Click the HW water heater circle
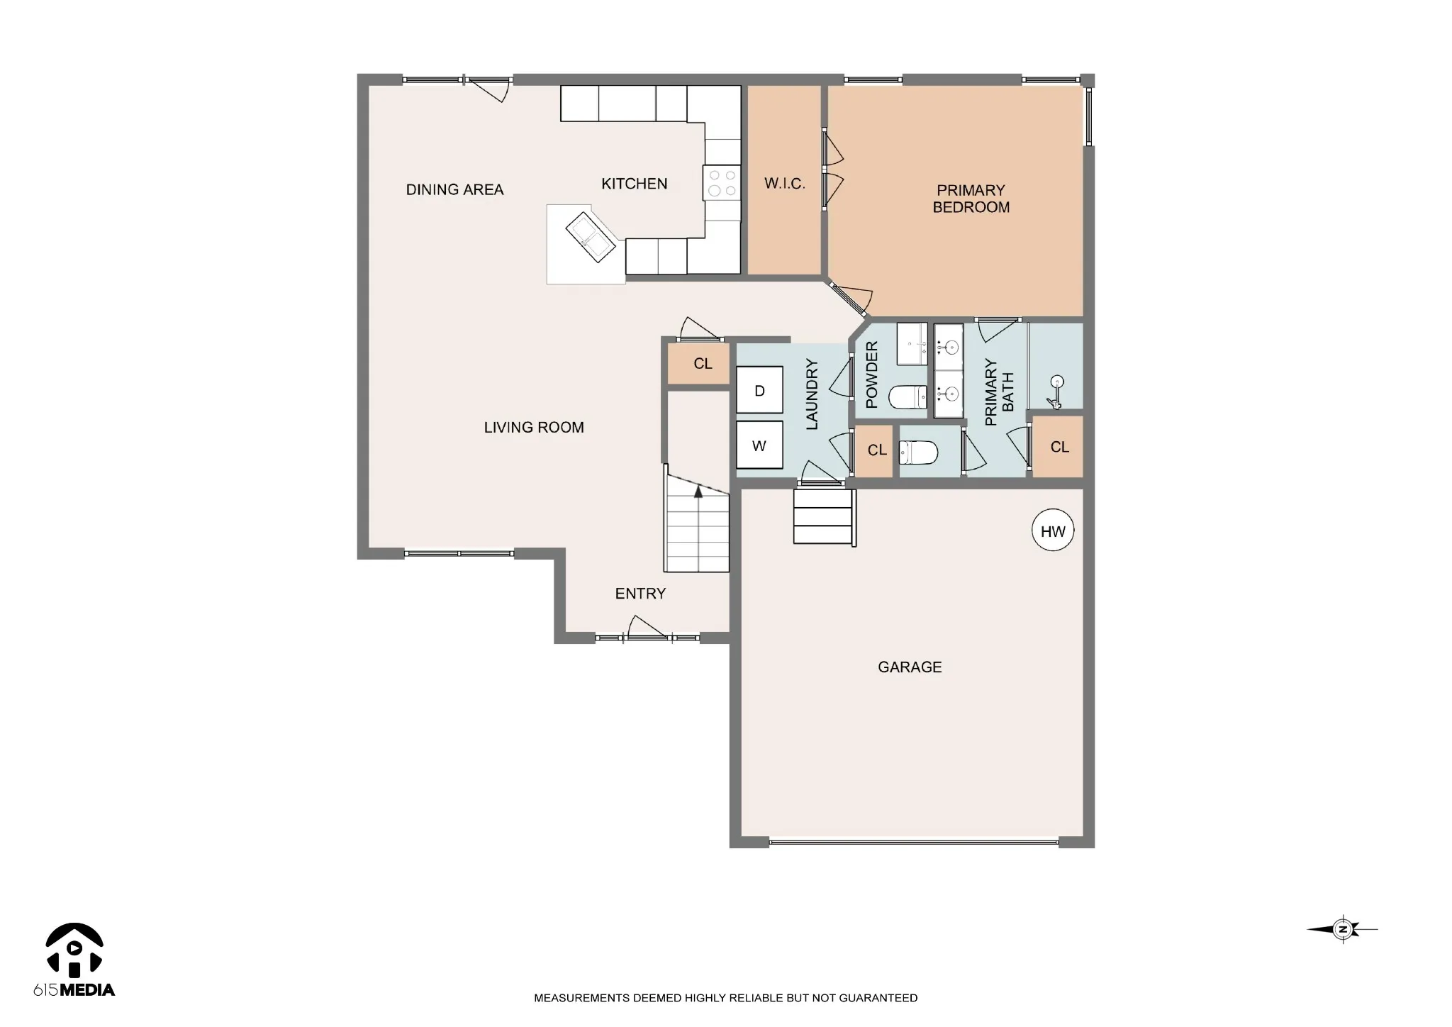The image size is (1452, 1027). [1053, 531]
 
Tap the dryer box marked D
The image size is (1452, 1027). [759, 389]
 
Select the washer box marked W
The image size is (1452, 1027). [759, 445]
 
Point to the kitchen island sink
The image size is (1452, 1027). [590, 236]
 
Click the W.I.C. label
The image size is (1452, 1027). [785, 184]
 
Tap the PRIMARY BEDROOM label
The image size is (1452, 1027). [971, 199]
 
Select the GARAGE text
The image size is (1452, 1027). [910, 667]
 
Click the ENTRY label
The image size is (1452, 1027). [640, 594]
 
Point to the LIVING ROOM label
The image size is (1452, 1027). [534, 427]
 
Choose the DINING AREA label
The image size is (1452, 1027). [454, 189]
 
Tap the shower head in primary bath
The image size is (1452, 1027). [1056, 392]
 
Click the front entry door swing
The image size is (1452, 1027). [646, 626]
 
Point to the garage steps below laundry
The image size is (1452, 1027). [824, 516]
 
